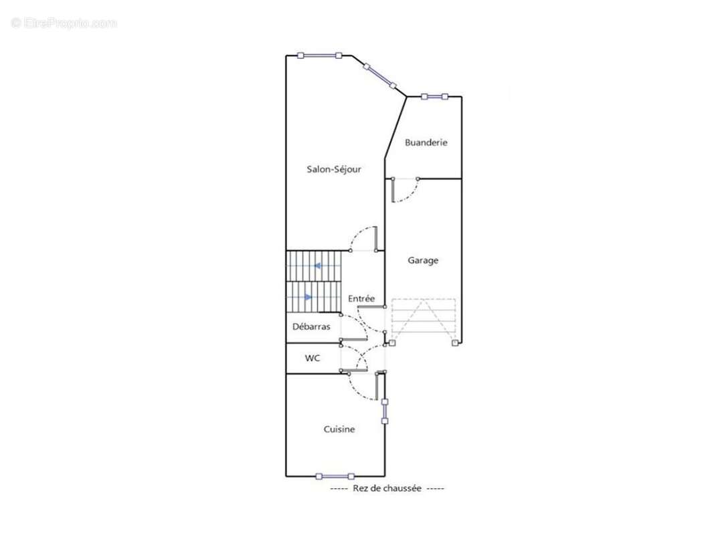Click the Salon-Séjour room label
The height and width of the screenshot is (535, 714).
click(334, 169)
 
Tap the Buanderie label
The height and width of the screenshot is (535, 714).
click(426, 142)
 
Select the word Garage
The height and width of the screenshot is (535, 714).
click(423, 261)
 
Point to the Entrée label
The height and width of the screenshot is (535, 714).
click(361, 298)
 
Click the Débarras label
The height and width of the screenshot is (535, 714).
click(311, 326)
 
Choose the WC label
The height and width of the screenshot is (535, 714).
click(313, 358)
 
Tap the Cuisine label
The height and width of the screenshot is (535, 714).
click(339, 429)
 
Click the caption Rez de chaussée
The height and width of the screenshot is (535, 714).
click(387, 488)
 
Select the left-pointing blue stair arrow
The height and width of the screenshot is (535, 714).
click(318, 265)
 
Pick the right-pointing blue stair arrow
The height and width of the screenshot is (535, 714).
click(308, 297)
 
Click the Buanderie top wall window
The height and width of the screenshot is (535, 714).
click(434, 96)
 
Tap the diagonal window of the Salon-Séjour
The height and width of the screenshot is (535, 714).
click(380, 76)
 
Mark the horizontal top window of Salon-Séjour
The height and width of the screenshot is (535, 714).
click(319, 56)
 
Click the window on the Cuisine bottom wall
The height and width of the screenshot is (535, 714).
click(335, 476)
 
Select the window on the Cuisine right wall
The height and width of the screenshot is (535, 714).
click(385, 411)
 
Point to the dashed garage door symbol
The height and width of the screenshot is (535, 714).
click(424, 321)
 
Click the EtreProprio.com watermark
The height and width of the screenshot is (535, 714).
click(64, 23)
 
